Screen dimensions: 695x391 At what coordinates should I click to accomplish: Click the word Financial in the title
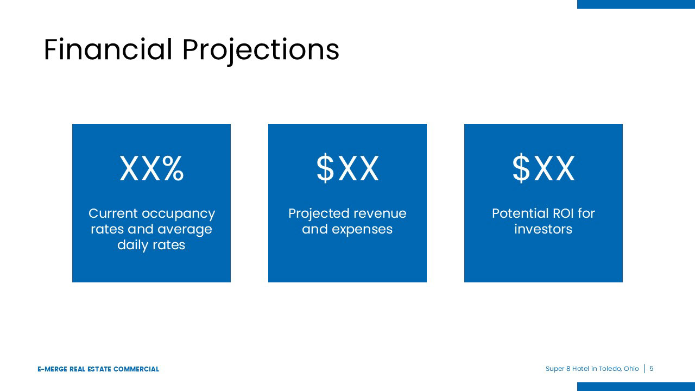(x=108, y=49)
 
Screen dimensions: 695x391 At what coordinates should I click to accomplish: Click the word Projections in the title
(x=261, y=52)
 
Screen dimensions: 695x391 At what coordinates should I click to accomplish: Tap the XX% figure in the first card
(x=151, y=168)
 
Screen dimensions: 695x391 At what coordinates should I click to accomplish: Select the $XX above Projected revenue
(x=347, y=168)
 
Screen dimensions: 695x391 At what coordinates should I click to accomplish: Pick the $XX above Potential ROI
(x=544, y=168)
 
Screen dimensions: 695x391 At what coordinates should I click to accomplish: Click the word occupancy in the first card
(x=179, y=215)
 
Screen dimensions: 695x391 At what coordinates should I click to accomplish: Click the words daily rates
(x=151, y=245)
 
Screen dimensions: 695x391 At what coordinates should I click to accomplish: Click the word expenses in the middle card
(x=362, y=230)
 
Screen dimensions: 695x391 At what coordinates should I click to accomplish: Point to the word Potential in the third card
(x=516, y=213)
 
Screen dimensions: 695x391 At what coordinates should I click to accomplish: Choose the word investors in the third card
(x=544, y=229)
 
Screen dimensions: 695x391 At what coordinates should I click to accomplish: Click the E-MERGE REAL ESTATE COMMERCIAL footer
(x=98, y=369)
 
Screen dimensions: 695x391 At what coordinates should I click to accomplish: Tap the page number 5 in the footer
(x=651, y=369)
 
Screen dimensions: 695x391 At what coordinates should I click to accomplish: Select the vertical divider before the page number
(x=645, y=369)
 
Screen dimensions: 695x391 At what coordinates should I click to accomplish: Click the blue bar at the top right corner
(x=636, y=4)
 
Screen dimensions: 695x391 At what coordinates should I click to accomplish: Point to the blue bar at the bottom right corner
(x=636, y=387)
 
